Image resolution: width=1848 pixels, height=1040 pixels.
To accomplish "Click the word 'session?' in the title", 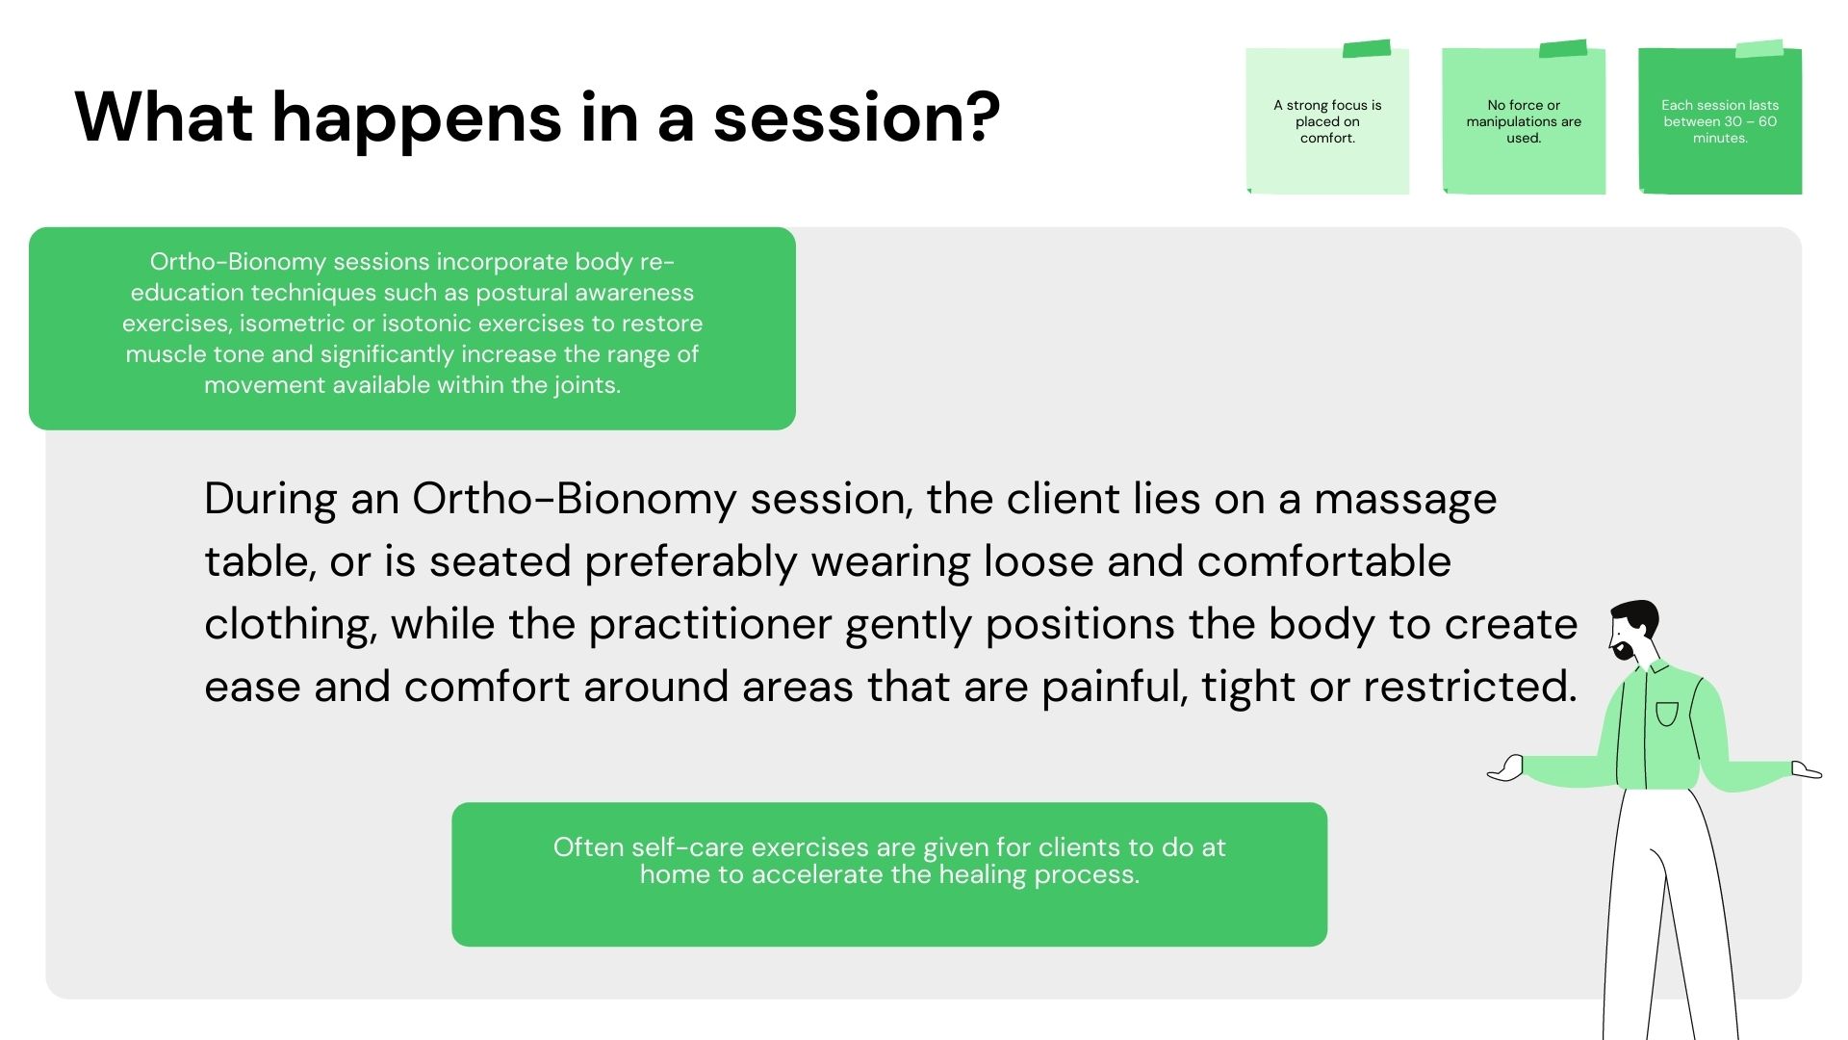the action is point(857,117).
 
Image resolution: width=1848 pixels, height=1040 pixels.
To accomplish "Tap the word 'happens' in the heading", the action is point(417,120).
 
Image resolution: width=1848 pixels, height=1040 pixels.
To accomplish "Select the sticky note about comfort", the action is point(1327,120).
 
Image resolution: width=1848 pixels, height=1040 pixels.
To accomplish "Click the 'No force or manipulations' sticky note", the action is point(1524,120).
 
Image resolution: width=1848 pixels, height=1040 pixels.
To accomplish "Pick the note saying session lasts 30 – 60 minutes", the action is point(1720,120).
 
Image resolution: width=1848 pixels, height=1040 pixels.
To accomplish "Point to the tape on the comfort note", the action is point(1367,48).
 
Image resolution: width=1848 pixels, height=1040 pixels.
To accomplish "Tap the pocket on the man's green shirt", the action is point(1667,714).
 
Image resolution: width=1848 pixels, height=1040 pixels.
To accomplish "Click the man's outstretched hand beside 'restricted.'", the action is point(1506,767).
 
